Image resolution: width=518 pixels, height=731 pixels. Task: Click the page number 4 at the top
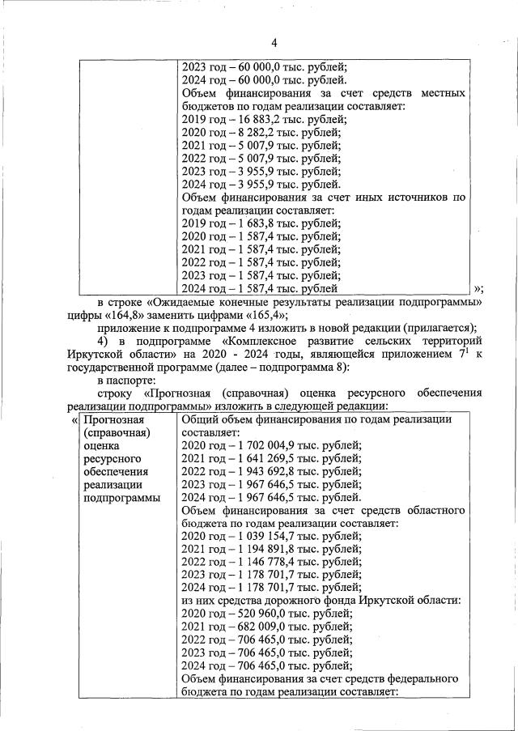coord(274,42)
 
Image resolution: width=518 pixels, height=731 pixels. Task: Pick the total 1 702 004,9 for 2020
coord(264,446)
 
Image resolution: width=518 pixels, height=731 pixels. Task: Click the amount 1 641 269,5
coord(264,459)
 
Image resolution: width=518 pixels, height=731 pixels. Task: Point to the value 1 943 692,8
coord(264,472)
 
